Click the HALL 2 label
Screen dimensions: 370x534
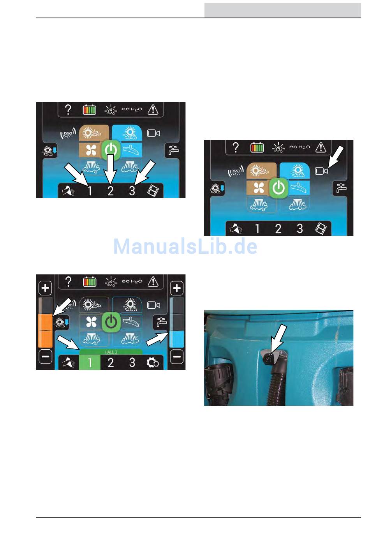(111, 352)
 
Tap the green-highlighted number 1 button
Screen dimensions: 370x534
(90, 362)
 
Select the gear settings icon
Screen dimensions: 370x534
(153, 362)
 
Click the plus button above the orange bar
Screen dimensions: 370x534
(45, 288)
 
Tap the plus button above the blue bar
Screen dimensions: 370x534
(177, 288)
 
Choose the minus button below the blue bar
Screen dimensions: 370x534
(177, 356)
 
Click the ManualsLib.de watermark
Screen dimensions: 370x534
(185, 246)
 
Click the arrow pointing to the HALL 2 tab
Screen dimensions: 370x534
(68, 342)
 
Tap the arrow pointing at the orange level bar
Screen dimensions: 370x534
(62, 307)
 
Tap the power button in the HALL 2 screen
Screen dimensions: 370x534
(111, 322)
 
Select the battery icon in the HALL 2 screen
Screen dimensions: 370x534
(89, 282)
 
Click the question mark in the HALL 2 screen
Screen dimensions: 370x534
(68, 282)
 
